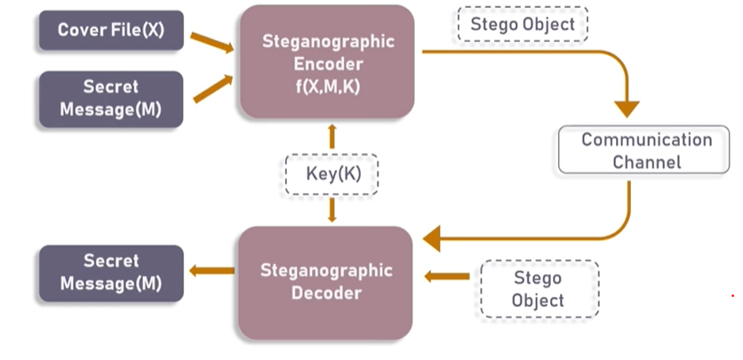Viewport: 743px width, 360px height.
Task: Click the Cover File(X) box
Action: [x=111, y=30]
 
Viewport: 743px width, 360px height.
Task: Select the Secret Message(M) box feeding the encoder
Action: [x=111, y=100]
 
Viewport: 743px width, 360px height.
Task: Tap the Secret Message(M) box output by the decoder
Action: [x=111, y=273]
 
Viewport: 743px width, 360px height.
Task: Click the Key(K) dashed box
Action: [x=332, y=174]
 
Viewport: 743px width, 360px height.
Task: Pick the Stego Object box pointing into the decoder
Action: [x=538, y=289]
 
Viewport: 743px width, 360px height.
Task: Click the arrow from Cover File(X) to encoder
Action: [x=212, y=41]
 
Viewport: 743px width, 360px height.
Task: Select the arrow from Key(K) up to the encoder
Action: [x=332, y=136]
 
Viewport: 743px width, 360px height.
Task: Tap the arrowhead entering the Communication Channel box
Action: [x=627, y=109]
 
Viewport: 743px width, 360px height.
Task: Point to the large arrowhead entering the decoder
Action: [x=433, y=238]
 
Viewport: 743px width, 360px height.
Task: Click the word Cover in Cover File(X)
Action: [x=79, y=30]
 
